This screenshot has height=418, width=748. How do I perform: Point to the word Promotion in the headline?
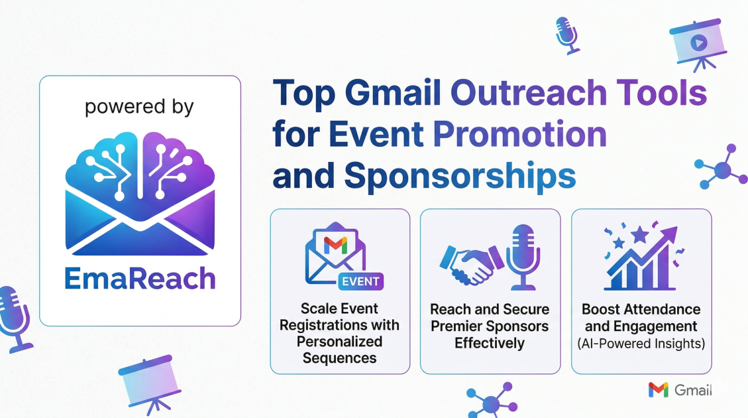520,134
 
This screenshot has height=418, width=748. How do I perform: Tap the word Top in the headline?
304,94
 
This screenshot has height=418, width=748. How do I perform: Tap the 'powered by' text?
139,107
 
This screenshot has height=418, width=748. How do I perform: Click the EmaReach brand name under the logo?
140,279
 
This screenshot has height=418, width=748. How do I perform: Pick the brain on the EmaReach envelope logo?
140,167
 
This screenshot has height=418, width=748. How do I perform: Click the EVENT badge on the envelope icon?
360,281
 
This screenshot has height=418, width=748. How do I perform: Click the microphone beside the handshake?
523,257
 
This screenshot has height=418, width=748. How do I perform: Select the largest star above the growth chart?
640,235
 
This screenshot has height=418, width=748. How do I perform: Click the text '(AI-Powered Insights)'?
641,344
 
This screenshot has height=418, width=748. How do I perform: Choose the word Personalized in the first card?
340,342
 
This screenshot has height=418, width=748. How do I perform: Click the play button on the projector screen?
699,43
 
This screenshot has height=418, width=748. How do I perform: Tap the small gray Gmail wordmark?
693,390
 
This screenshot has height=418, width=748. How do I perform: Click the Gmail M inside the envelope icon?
335,245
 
